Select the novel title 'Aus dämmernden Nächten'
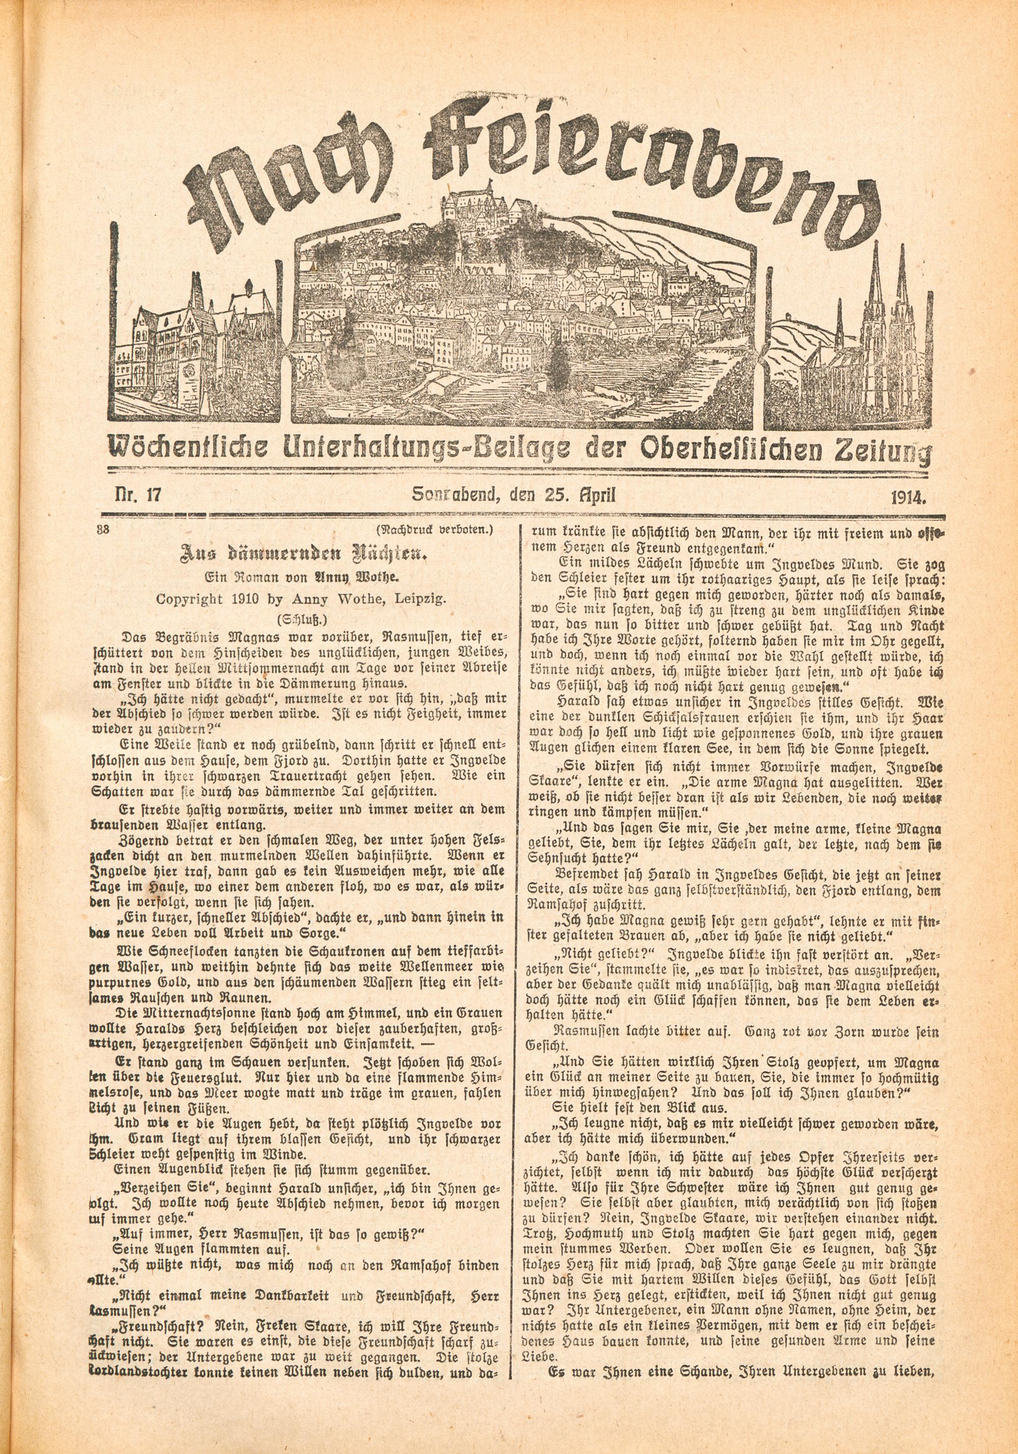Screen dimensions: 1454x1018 pyautogui.click(x=304, y=555)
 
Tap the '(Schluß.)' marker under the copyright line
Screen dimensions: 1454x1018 pyautogui.click(x=303, y=620)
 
